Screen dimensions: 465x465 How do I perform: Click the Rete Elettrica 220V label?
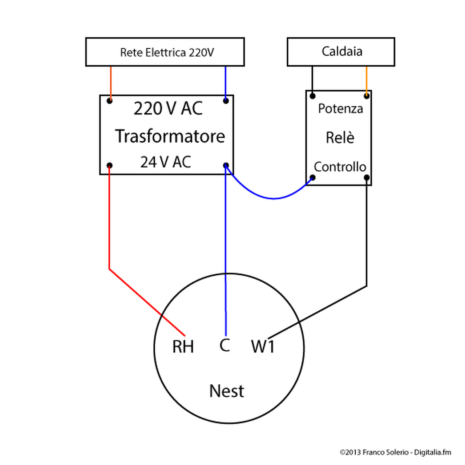(x=167, y=53)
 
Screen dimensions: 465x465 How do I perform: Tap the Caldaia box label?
(x=342, y=51)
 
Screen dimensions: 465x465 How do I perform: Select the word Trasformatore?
(x=170, y=136)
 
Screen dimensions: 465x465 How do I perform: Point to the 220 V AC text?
(x=168, y=108)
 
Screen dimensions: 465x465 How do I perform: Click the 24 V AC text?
(x=166, y=162)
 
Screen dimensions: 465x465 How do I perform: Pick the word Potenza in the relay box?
(x=340, y=109)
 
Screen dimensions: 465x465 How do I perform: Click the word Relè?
(x=340, y=138)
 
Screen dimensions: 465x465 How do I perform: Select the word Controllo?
(x=340, y=167)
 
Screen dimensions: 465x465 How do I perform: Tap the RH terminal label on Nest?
(x=183, y=347)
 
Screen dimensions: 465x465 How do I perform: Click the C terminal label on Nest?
(x=225, y=345)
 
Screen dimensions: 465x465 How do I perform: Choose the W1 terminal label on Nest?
(x=263, y=347)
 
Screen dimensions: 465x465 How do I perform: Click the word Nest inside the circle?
(x=227, y=391)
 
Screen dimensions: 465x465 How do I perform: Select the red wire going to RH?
(x=109, y=225)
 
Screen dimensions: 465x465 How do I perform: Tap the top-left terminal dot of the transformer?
(x=109, y=101)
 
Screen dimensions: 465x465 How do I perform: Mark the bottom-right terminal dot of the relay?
(x=367, y=178)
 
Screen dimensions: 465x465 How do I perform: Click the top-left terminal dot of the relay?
(x=312, y=96)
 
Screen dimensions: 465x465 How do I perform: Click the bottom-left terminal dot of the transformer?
(x=109, y=166)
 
